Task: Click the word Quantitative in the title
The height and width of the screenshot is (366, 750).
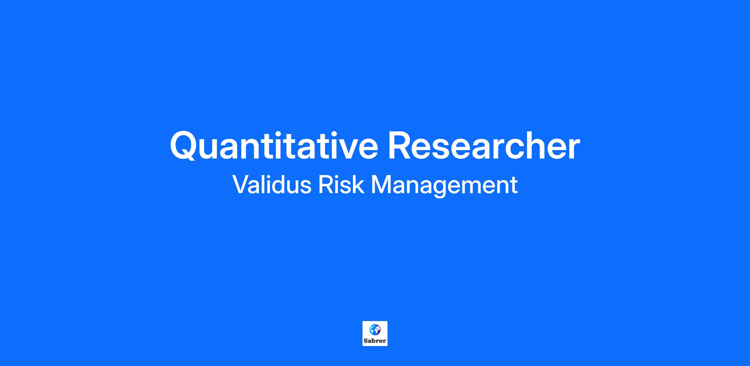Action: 274,145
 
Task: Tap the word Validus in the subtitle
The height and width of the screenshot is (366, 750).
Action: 272,184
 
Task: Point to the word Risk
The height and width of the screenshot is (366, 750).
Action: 341,184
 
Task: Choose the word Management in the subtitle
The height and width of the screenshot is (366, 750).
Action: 444,186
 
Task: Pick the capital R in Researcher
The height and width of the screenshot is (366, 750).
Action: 400,145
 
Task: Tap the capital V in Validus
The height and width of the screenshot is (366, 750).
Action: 242,184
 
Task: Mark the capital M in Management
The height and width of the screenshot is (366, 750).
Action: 382,184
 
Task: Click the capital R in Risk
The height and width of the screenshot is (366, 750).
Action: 326,184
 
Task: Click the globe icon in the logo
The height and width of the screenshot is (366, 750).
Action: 375,329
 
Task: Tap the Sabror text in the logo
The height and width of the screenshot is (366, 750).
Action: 375,341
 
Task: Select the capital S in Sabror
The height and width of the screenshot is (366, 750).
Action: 366,341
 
